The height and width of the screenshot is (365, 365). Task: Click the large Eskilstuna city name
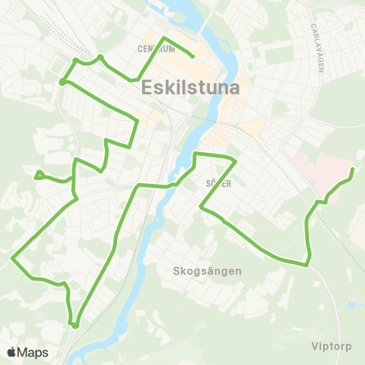click(191, 87)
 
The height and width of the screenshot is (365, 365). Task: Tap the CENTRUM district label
click(157, 49)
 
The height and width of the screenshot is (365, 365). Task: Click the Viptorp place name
click(332, 346)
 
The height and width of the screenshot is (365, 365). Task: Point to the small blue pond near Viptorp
click(351, 304)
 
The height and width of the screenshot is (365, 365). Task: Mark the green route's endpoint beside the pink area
click(354, 169)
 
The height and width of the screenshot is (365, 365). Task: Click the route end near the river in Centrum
click(193, 56)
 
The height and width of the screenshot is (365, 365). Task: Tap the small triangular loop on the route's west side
click(38, 175)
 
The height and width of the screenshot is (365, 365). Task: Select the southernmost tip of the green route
click(75, 326)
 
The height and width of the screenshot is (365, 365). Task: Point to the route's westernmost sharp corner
click(12, 259)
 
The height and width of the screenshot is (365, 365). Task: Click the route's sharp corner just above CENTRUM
click(163, 39)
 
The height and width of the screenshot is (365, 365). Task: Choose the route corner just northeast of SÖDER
click(236, 160)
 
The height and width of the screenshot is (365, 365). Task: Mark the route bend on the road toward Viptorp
click(307, 265)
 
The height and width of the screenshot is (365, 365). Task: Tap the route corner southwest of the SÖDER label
click(200, 205)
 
